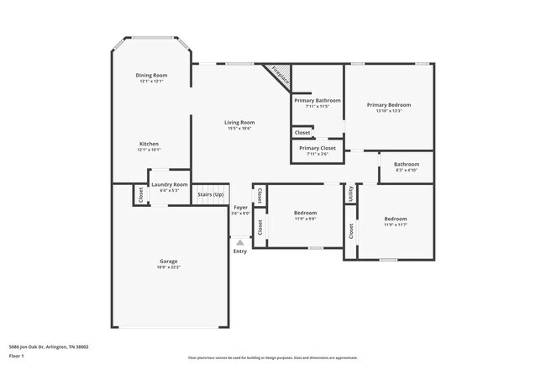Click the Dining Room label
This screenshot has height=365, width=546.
151,76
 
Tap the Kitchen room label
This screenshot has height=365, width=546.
149,144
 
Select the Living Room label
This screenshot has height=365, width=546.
239,123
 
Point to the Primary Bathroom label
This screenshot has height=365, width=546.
317,100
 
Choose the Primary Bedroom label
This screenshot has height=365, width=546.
389,105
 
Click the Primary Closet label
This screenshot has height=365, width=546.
317,148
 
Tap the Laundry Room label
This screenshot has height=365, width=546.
169,184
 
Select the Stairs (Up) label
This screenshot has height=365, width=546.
211,194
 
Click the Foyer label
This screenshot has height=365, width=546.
240,207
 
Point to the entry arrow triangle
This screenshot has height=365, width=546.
240,241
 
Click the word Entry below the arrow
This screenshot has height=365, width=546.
240,251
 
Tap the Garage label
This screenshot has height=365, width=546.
169,262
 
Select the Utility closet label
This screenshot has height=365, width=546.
350,193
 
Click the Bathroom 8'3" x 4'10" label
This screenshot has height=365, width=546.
407,164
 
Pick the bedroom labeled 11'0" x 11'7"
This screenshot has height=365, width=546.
395,219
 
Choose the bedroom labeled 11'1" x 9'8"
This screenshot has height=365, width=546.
305,214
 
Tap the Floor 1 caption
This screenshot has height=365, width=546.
17,357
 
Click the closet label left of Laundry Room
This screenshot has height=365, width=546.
139,194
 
